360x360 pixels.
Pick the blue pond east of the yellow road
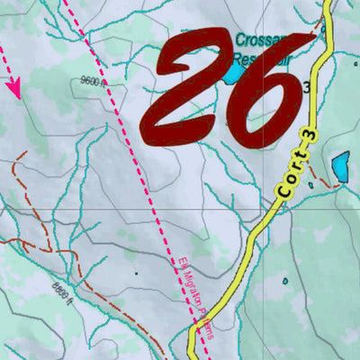[x=340, y=166]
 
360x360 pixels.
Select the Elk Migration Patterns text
[x=193, y=297]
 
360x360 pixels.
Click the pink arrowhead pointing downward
[x=14, y=89]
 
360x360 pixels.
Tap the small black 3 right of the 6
[x=307, y=87]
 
